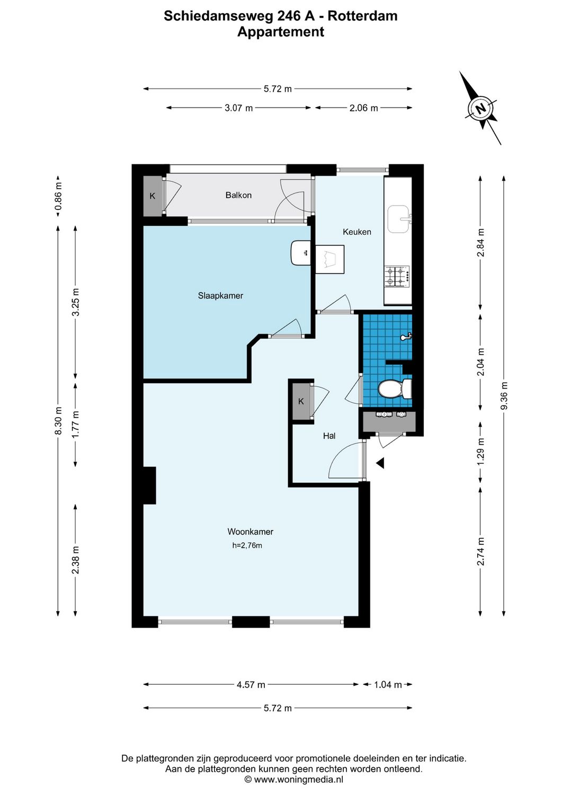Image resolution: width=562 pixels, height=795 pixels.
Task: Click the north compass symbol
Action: point(480,109)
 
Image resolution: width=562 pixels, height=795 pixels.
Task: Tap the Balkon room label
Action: point(238,195)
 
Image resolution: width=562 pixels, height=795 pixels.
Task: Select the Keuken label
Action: point(356,232)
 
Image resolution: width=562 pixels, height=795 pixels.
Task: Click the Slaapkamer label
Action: point(220,296)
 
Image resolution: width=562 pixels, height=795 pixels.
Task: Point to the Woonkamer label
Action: point(251,532)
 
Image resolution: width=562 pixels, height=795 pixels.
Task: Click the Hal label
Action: point(329,436)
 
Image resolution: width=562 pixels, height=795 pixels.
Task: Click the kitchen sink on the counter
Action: point(398,219)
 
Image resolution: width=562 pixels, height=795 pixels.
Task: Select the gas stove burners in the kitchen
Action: point(397,276)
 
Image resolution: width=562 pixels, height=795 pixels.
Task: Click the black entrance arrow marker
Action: point(380,463)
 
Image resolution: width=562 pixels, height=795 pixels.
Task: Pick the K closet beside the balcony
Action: point(153,196)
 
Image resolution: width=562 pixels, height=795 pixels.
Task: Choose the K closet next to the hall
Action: point(301,401)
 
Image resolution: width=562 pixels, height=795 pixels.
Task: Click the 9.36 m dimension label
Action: point(504,395)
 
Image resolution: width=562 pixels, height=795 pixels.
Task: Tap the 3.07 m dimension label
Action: point(238,108)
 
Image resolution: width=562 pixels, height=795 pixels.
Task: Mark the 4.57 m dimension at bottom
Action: point(251,685)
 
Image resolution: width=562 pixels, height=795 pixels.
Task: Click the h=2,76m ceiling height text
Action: point(247,545)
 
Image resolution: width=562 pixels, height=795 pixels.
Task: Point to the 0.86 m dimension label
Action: point(58,197)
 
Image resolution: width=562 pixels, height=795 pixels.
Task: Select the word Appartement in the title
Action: point(280,32)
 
